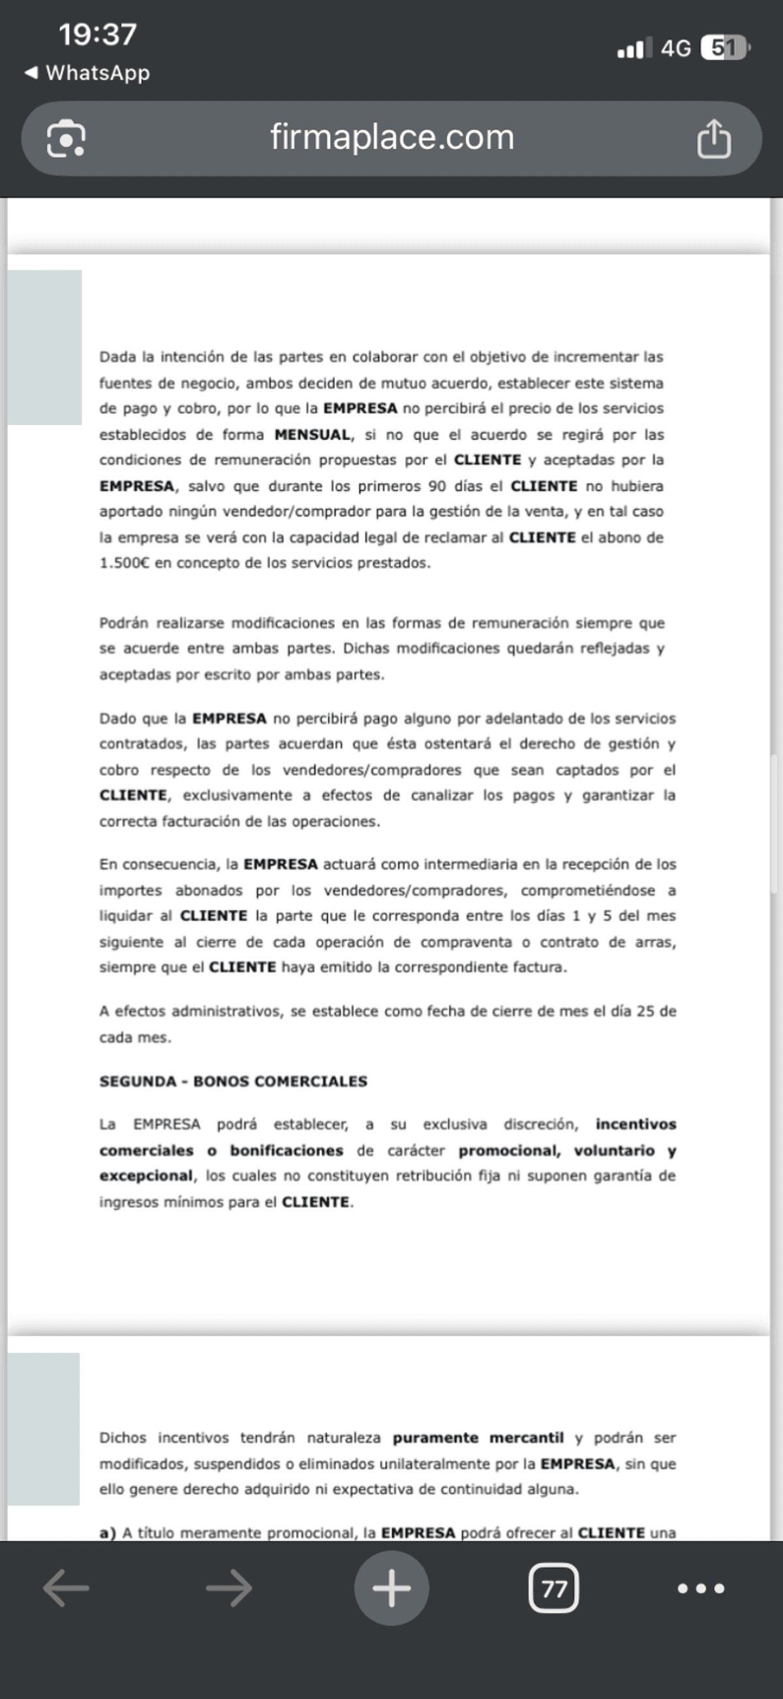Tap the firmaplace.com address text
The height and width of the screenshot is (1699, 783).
coord(391,137)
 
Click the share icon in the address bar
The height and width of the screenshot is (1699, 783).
coord(714,138)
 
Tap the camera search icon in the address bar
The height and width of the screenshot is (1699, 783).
coord(66,138)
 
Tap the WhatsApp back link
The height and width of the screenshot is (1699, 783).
coord(87,72)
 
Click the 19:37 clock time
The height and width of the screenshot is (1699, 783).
coord(97,35)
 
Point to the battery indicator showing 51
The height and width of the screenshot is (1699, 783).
coord(725,48)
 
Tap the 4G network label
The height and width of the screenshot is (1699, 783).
coord(675,48)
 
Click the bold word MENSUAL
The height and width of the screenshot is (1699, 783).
coord(313,435)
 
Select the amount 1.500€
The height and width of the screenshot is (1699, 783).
coord(124,563)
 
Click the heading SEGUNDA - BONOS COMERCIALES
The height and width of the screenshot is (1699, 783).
coord(234,1081)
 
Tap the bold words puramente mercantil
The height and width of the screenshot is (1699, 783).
coord(478,1438)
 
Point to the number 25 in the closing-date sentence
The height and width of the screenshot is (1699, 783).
coord(645,1011)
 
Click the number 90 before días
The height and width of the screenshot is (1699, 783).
coord(437,486)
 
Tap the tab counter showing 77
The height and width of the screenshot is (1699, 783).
coord(553,1589)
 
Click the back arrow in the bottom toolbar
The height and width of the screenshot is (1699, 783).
coord(66,1589)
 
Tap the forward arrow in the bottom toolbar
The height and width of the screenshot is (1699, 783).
coord(229,1589)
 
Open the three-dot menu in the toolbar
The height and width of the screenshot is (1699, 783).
coord(701,1589)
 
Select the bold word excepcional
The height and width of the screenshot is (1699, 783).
coord(146,1176)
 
